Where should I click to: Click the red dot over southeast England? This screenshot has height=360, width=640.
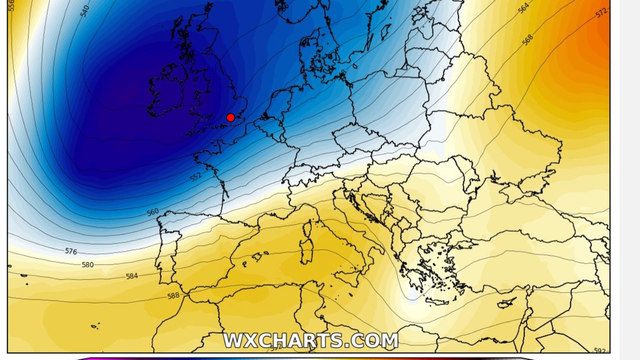coord(230,118)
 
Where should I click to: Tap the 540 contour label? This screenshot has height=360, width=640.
coord(85,11)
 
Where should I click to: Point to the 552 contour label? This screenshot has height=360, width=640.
coord(196,177)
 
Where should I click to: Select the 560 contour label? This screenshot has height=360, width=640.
coord(153,212)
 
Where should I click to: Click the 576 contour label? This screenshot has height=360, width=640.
coord(71,251)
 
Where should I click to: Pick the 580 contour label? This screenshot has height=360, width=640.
coord(88,265)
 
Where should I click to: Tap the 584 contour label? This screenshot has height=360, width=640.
coord(132,276)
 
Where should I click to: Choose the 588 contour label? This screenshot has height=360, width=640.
coord(173,296)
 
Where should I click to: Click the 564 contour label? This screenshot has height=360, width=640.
coord(523,9)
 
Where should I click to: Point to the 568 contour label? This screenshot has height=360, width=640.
coord(527,40)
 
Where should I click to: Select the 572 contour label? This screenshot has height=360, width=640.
coord(601,13)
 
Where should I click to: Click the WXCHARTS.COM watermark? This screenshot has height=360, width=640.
coord(310,340)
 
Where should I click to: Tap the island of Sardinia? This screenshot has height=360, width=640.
coord(307,251)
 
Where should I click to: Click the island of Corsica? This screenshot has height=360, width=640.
coord(309,228)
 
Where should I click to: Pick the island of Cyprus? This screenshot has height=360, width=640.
coord(506,302)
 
